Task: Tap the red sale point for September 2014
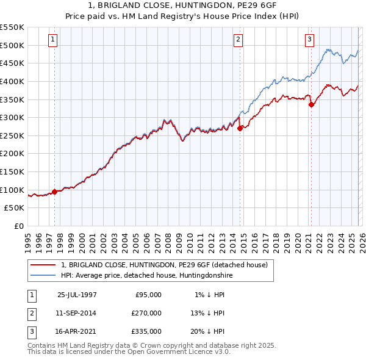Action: [x=240, y=128]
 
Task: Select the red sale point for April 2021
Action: [x=311, y=104]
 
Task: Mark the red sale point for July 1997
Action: [x=55, y=192]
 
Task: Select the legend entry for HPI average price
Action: [x=147, y=276]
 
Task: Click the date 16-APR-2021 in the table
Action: [x=77, y=331]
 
